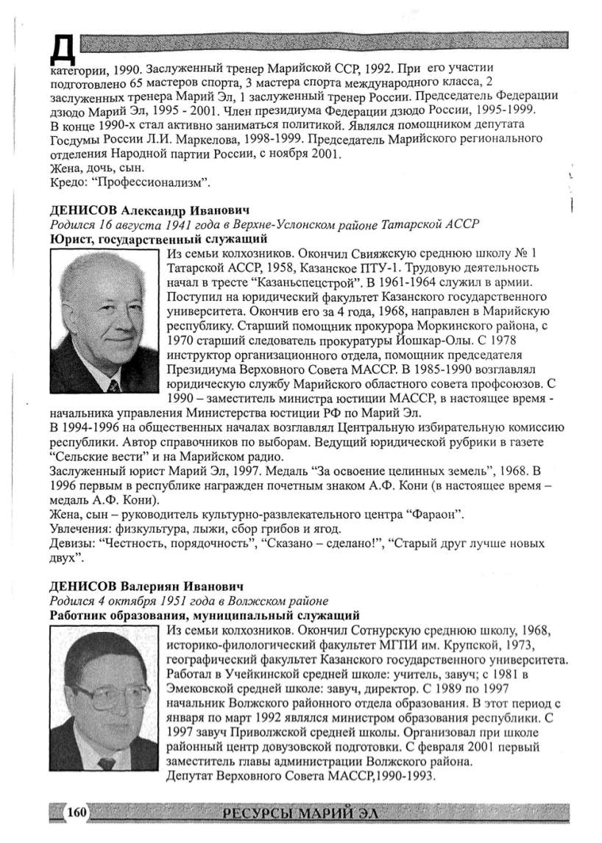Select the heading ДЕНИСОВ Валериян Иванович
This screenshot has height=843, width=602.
(145, 586)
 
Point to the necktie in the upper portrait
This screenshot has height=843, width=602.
(114, 384)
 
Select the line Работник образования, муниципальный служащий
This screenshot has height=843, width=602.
(204, 615)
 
